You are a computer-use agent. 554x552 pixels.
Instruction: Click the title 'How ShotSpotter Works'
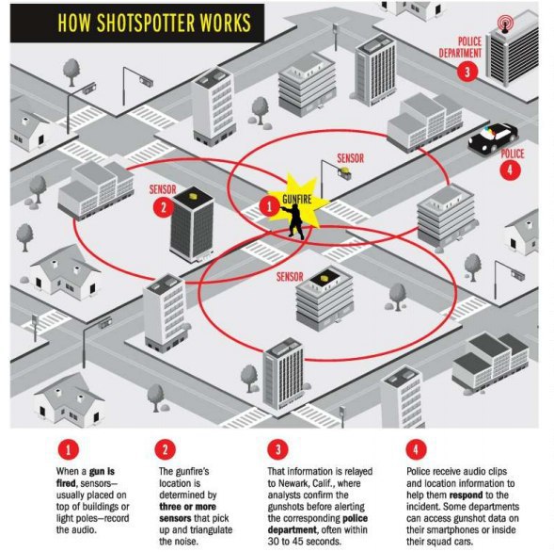tap(154, 23)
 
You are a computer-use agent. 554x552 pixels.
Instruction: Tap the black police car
tap(493, 138)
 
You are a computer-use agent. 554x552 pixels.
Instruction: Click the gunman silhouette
tap(293, 220)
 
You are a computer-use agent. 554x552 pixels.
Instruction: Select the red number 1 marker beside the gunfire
tap(270, 206)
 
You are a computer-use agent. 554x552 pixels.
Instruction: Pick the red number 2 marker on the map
tap(164, 207)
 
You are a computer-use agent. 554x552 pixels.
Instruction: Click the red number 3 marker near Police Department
tap(467, 72)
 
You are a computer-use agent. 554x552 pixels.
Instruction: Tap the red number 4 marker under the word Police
tap(510, 170)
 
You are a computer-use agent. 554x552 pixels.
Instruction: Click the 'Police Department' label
tap(460, 47)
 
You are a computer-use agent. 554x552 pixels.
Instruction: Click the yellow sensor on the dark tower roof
tap(193, 196)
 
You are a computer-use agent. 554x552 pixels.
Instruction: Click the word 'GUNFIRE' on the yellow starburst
tap(297, 200)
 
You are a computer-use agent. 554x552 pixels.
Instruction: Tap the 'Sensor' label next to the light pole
tap(350, 158)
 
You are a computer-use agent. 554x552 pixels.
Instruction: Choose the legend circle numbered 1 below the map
tap(68, 449)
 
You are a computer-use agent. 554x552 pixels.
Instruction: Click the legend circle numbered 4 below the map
tap(416, 449)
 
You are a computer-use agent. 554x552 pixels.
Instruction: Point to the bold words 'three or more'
tap(187, 507)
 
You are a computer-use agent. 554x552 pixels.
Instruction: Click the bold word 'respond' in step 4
tap(466, 495)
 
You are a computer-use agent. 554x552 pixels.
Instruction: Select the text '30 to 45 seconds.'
tap(305, 542)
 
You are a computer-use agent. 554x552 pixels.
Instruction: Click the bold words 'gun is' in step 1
tap(102, 472)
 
